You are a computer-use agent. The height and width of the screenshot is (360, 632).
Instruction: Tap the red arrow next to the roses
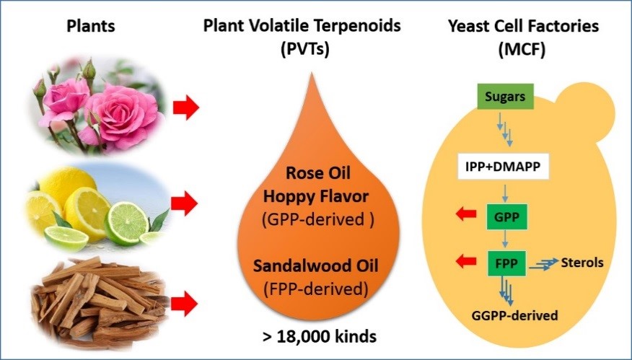click(x=184, y=110)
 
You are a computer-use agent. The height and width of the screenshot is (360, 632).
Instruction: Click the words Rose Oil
click(x=313, y=174)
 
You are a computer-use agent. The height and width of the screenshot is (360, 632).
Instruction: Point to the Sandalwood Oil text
click(x=313, y=268)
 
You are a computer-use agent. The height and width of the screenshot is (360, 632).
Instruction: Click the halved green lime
click(x=127, y=223)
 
